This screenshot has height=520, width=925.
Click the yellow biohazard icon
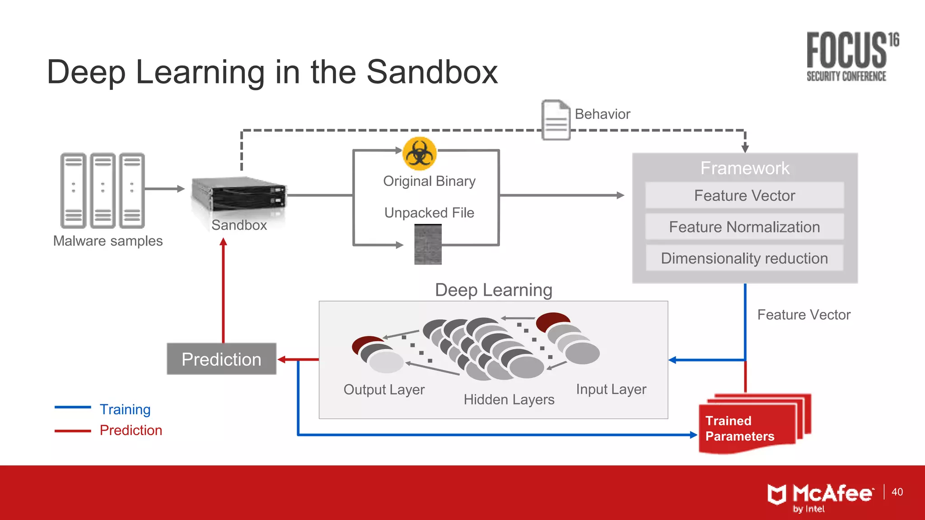(x=420, y=153)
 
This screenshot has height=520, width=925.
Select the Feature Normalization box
(x=744, y=227)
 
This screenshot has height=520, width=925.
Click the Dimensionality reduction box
(x=744, y=258)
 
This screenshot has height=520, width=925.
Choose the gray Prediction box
(x=221, y=359)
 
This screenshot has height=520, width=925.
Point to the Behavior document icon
(x=556, y=120)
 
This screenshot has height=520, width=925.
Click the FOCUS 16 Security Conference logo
(x=852, y=57)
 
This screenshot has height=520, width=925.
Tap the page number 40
(x=897, y=492)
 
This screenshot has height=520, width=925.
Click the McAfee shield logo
(x=777, y=494)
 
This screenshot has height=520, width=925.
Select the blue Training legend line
(x=73, y=408)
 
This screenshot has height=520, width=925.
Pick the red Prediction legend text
(x=131, y=430)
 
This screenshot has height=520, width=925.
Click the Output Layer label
(x=384, y=390)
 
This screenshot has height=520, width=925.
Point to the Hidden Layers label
(x=509, y=399)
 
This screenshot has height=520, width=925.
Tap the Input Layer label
(x=611, y=389)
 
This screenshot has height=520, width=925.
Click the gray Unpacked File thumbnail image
(x=428, y=244)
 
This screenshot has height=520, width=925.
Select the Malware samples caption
(x=107, y=241)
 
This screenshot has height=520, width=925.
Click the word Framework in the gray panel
(x=744, y=168)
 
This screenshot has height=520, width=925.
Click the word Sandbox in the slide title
(x=432, y=72)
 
